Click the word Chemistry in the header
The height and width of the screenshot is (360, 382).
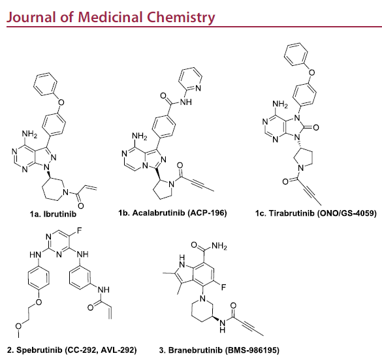click(x=181, y=18)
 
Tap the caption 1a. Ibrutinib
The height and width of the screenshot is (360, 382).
click(x=53, y=214)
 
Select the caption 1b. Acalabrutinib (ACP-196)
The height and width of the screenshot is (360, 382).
click(x=173, y=213)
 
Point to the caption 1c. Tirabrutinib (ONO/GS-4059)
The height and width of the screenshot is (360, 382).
click(x=316, y=213)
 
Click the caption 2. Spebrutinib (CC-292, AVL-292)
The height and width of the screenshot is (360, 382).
click(x=72, y=350)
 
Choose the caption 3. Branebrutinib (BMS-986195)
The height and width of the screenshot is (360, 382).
click(x=219, y=350)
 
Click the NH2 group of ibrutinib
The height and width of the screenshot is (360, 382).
click(x=29, y=134)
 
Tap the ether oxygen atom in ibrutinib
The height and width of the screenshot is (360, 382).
click(x=61, y=102)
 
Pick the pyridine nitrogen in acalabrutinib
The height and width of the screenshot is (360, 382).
click(x=198, y=88)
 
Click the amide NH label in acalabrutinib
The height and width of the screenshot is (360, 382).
click(x=186, y=102)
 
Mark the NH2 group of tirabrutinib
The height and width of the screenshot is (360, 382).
click(x=280, y=104)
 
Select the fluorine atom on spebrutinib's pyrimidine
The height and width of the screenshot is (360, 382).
click(x=80, y=230)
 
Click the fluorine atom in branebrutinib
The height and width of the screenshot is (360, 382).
click(x=223, y=288)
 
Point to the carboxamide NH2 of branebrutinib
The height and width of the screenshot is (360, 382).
click(x=219, y=246)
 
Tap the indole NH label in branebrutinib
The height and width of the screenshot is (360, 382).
click(x=182, y=262)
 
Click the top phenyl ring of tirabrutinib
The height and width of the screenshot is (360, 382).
click(x=296, y=54)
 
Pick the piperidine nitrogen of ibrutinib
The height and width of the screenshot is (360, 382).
click(x=65, y=192)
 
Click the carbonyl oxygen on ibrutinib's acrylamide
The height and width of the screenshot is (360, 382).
click(x=81, y=206)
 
